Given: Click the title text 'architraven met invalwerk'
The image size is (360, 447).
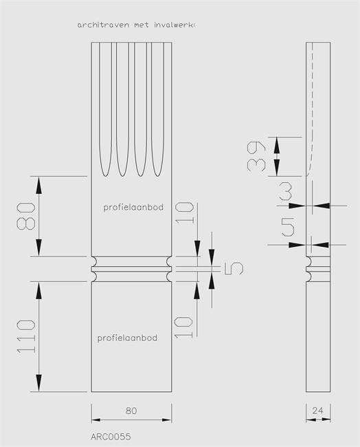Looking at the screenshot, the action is tap(136, 25).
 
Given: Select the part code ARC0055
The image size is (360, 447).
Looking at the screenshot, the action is tap(111, 437).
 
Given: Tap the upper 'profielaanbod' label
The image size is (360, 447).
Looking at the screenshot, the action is tap(133, 207).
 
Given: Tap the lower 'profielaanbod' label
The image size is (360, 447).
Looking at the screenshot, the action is tap(127, 338).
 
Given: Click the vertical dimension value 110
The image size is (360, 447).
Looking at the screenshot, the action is tap(26, 337).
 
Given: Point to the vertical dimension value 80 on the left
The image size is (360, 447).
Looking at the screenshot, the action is tap(26, 216).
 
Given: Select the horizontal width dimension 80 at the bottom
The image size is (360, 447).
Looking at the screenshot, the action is tap(131, 411).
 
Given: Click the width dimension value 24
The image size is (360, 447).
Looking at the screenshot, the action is tap(318, 411).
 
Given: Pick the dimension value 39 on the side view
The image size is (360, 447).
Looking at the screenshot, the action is tap(256, 156).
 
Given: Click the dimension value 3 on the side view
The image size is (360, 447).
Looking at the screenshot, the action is tap(286, 192).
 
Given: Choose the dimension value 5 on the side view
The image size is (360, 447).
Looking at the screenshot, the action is tap(288, 227).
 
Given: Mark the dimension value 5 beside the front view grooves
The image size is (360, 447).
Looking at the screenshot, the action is tap(234, 268).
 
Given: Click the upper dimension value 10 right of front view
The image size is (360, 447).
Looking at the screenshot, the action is tap(185, 212).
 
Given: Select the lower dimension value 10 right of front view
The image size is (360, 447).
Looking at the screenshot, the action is tap(183, 327).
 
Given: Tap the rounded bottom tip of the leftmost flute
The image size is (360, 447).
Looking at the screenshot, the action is tap(105, 175).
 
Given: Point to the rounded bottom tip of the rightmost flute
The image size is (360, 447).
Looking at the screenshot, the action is tap(157, 175).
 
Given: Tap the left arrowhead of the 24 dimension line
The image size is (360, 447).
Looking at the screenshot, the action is tap(311, 419).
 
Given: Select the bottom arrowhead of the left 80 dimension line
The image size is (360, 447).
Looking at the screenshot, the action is tap(38, 248).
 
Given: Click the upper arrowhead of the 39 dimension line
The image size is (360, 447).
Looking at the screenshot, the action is tap(277, 142).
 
